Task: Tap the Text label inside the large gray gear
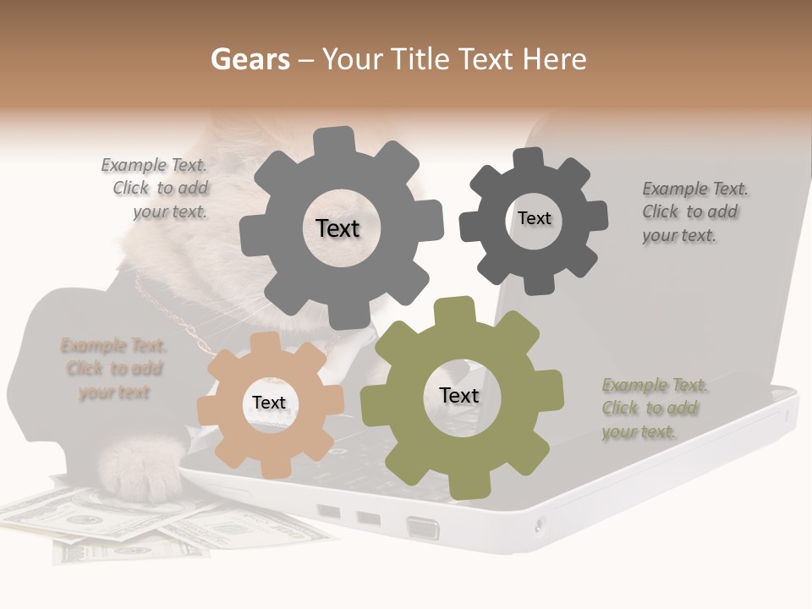pos(337,228)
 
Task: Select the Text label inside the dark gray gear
pos(534,218)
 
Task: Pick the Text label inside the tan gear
pos(269,403)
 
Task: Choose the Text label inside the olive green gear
pos(459,395)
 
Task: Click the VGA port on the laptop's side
pos(423,529)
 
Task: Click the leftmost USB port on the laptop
pos(329,512)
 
